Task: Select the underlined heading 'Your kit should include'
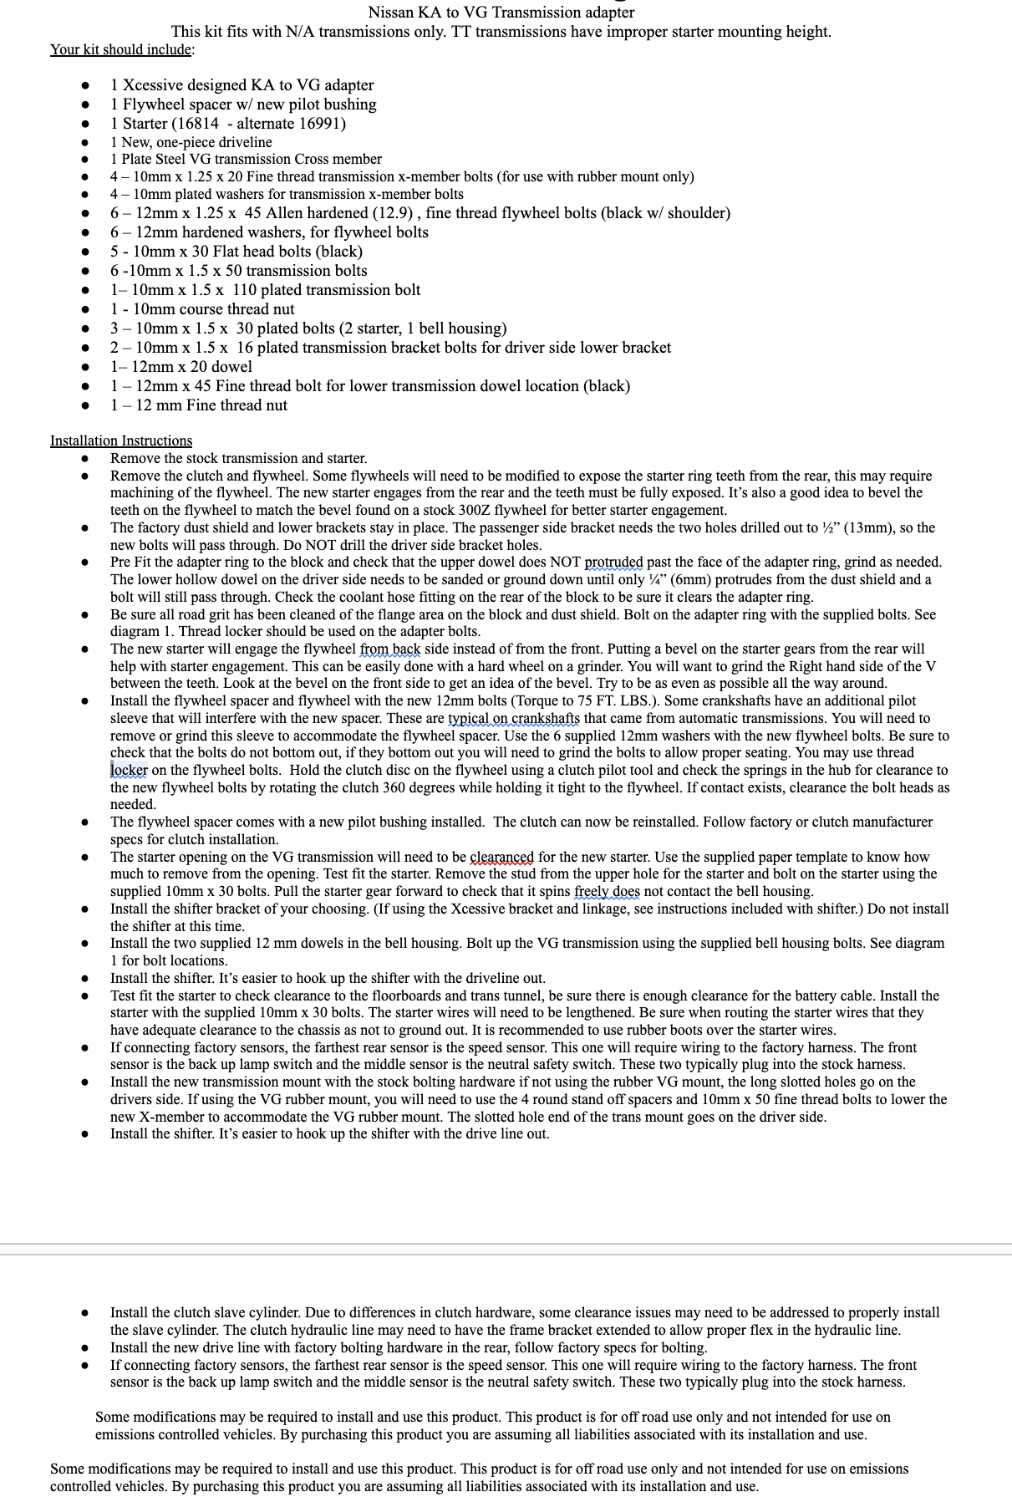(120, 49)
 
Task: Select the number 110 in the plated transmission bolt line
(244, 290)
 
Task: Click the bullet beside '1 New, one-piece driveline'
(84, 143)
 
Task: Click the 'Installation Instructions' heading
(121, 440)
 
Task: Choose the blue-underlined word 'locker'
(129, 771)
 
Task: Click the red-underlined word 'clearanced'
(501, 858)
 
